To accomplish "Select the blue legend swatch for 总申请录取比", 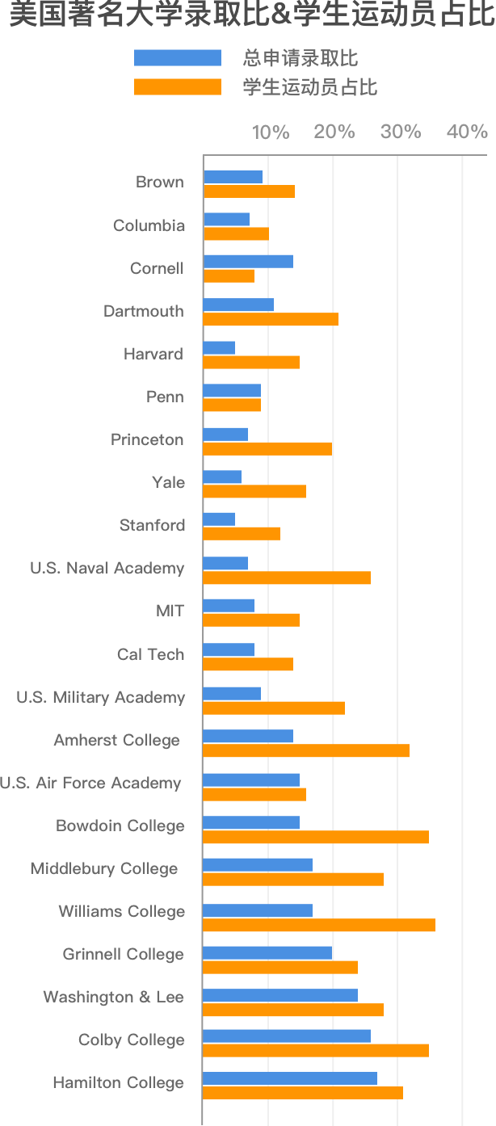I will tap(177, 58).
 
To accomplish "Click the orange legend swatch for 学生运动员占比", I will tap(177, 87).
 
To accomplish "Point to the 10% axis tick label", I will tap(270, 132).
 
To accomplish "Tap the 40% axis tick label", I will tap(467, 132).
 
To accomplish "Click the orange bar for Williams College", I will tap(318, 924).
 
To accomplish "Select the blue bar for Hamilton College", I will tap(289, 1078).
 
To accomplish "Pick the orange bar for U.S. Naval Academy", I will tap(286, 578).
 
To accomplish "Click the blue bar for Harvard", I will tap(219, 347).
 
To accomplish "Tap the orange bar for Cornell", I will tap(229, 275).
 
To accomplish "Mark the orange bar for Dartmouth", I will tap(270, 319).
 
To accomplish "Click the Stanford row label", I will tap(152, 526).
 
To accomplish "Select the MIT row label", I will tap(170, 611).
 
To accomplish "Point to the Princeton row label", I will tap(147, 440).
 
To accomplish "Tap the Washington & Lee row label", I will tap(113, 998).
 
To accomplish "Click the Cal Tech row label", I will tap(150, 654).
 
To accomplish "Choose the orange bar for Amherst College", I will tap(305, 750).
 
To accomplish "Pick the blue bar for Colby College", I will tap(286, 1036).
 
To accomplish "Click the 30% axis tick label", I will tap(401, 132).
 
